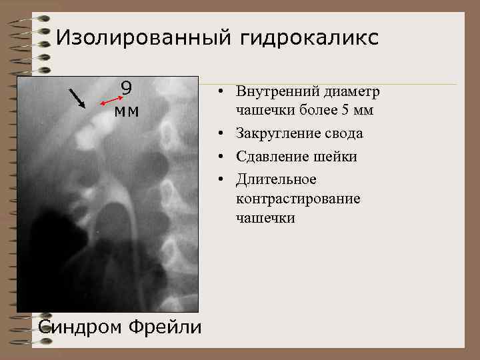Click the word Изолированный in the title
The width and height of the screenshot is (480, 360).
click(x=141, y=38)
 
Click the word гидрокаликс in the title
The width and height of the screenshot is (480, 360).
click(x=306, y=38)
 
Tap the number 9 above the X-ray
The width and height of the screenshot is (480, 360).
click(x=126, y=88)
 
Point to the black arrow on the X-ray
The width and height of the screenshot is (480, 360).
click(x=77, y=98)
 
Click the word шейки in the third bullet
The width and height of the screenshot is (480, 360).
click(x=335, y=157)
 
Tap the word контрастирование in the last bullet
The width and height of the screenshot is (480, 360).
click(x=297, y=199)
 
